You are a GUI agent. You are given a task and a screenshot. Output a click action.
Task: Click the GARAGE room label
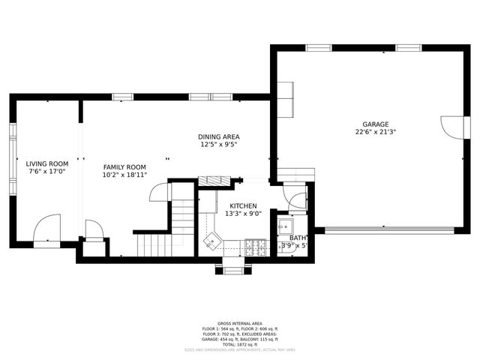point(376,124)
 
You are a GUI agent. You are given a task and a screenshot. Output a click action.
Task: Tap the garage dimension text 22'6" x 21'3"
point(376,132)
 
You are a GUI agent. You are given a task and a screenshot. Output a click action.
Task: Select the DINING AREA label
point(218,136)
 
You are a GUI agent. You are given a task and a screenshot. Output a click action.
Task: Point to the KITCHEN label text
point(243,205)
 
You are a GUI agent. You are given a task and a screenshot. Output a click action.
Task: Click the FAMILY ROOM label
point(124,167)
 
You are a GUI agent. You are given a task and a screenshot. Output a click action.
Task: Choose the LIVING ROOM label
point(47,163)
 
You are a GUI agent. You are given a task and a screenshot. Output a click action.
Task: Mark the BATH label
point(298,238)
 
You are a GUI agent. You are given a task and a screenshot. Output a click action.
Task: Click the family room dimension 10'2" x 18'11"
point(124,175)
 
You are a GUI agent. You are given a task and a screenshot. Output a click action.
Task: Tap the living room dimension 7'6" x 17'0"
point(47,171)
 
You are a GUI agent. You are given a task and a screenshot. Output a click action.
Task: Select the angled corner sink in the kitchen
point(213,241)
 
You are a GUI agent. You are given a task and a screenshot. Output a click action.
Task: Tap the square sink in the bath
point(284,226)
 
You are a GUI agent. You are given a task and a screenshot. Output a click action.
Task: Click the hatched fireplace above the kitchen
point(214,181)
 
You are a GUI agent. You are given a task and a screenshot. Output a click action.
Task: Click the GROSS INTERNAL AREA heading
point(239,323)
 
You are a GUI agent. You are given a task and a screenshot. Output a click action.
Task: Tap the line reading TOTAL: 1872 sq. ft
point(239,343)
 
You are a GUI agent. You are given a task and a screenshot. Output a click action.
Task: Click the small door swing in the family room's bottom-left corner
point(93,229)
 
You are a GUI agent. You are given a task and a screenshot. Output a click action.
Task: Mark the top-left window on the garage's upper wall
point(318,48)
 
